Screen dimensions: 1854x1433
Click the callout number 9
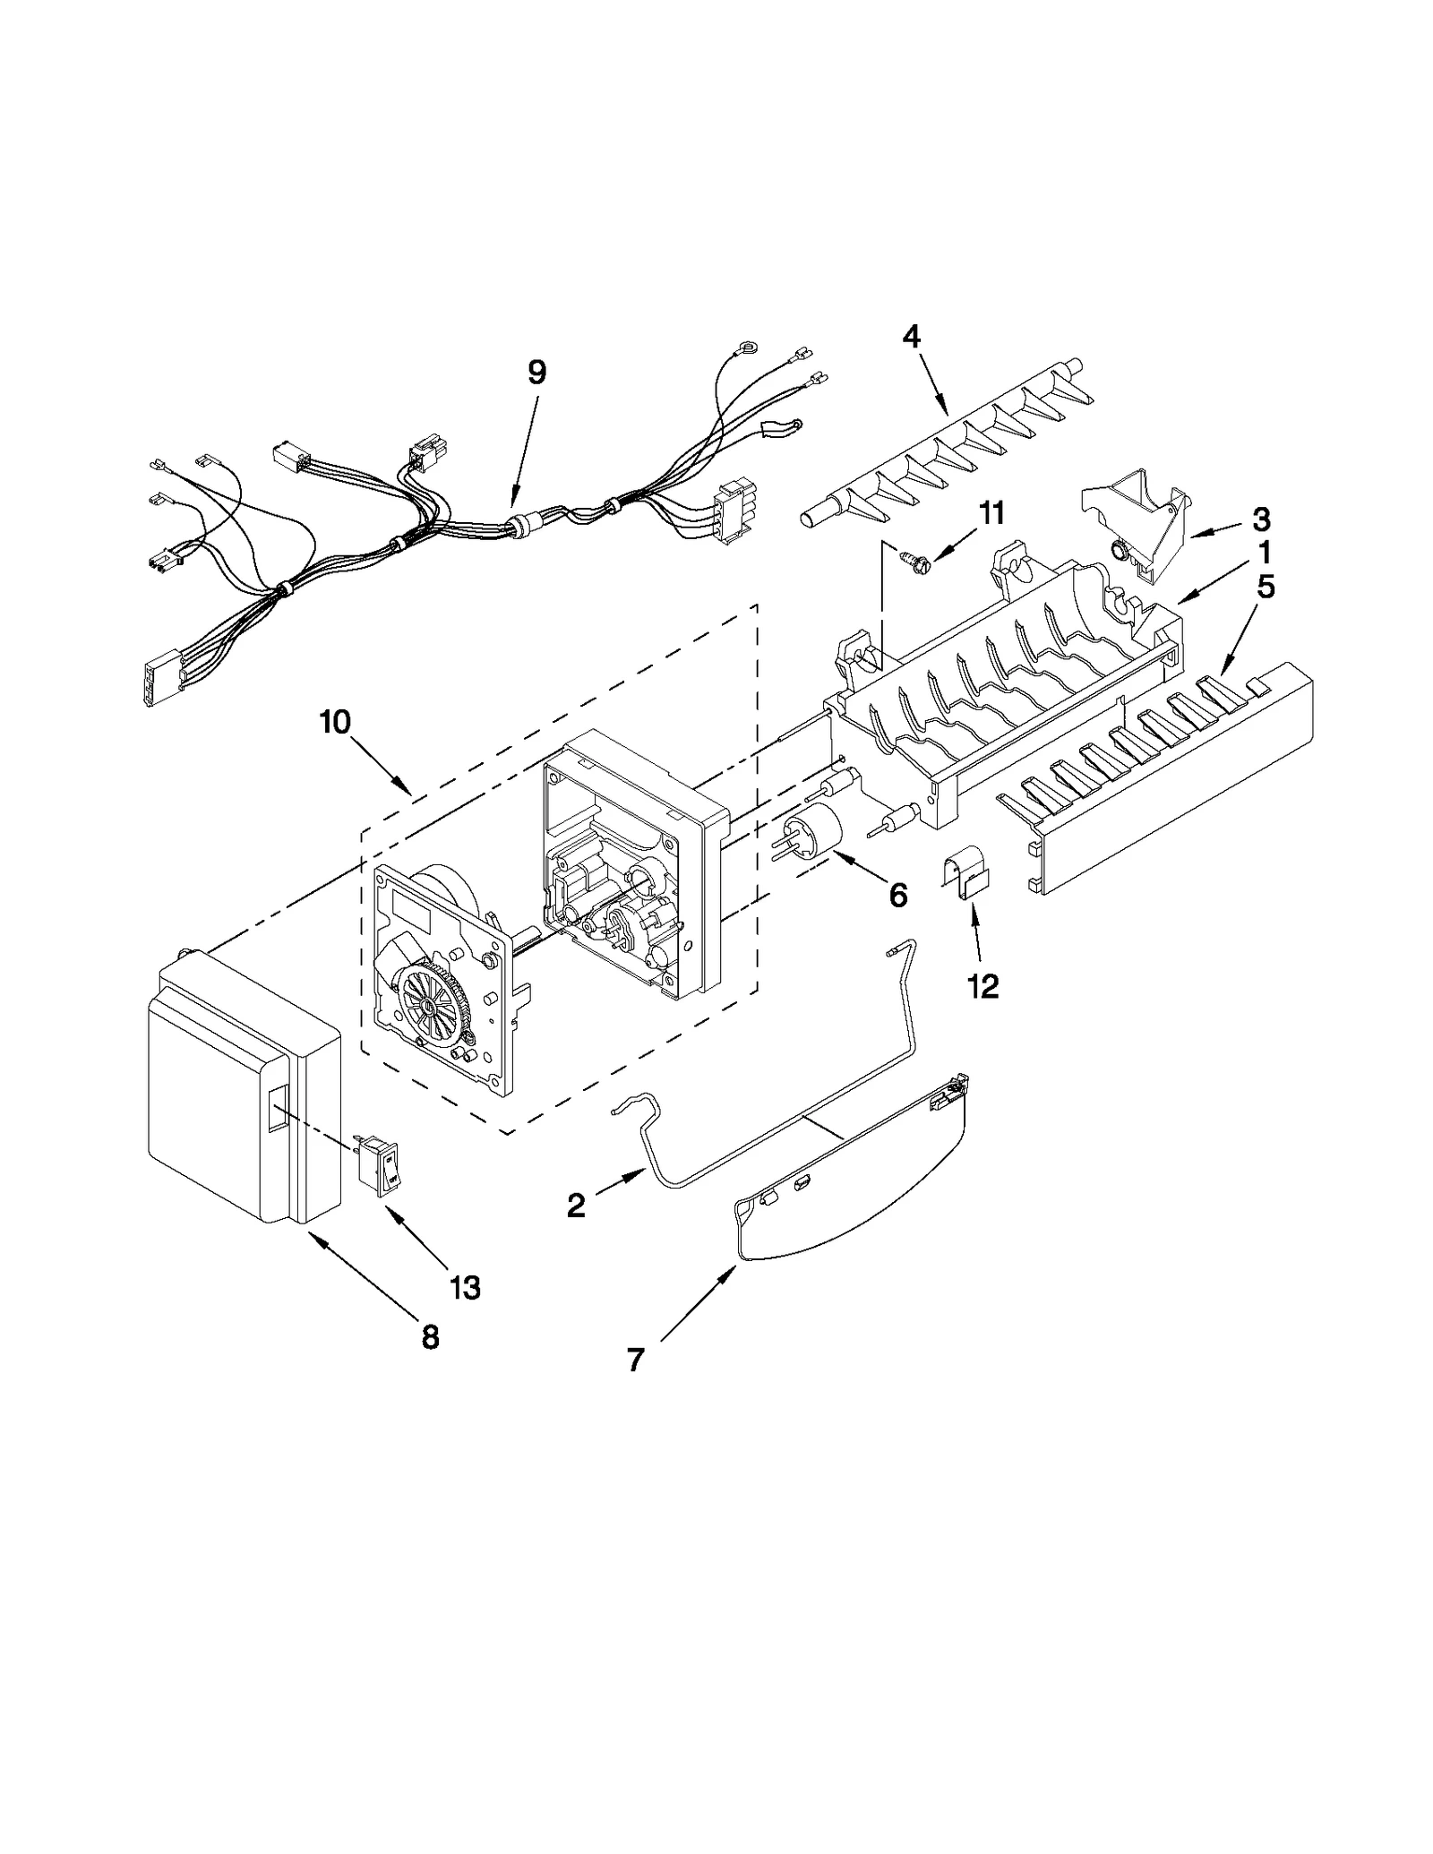(536, 372)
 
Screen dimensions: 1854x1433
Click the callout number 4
(911, 337)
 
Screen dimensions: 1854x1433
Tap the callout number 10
(336, 722)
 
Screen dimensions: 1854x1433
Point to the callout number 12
(983, 986)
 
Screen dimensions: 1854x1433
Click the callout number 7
(635, 1360)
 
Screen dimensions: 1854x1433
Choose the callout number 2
(576, 1205)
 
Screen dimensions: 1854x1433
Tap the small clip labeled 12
(965, 878)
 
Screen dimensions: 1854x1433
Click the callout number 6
(897, 894)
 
